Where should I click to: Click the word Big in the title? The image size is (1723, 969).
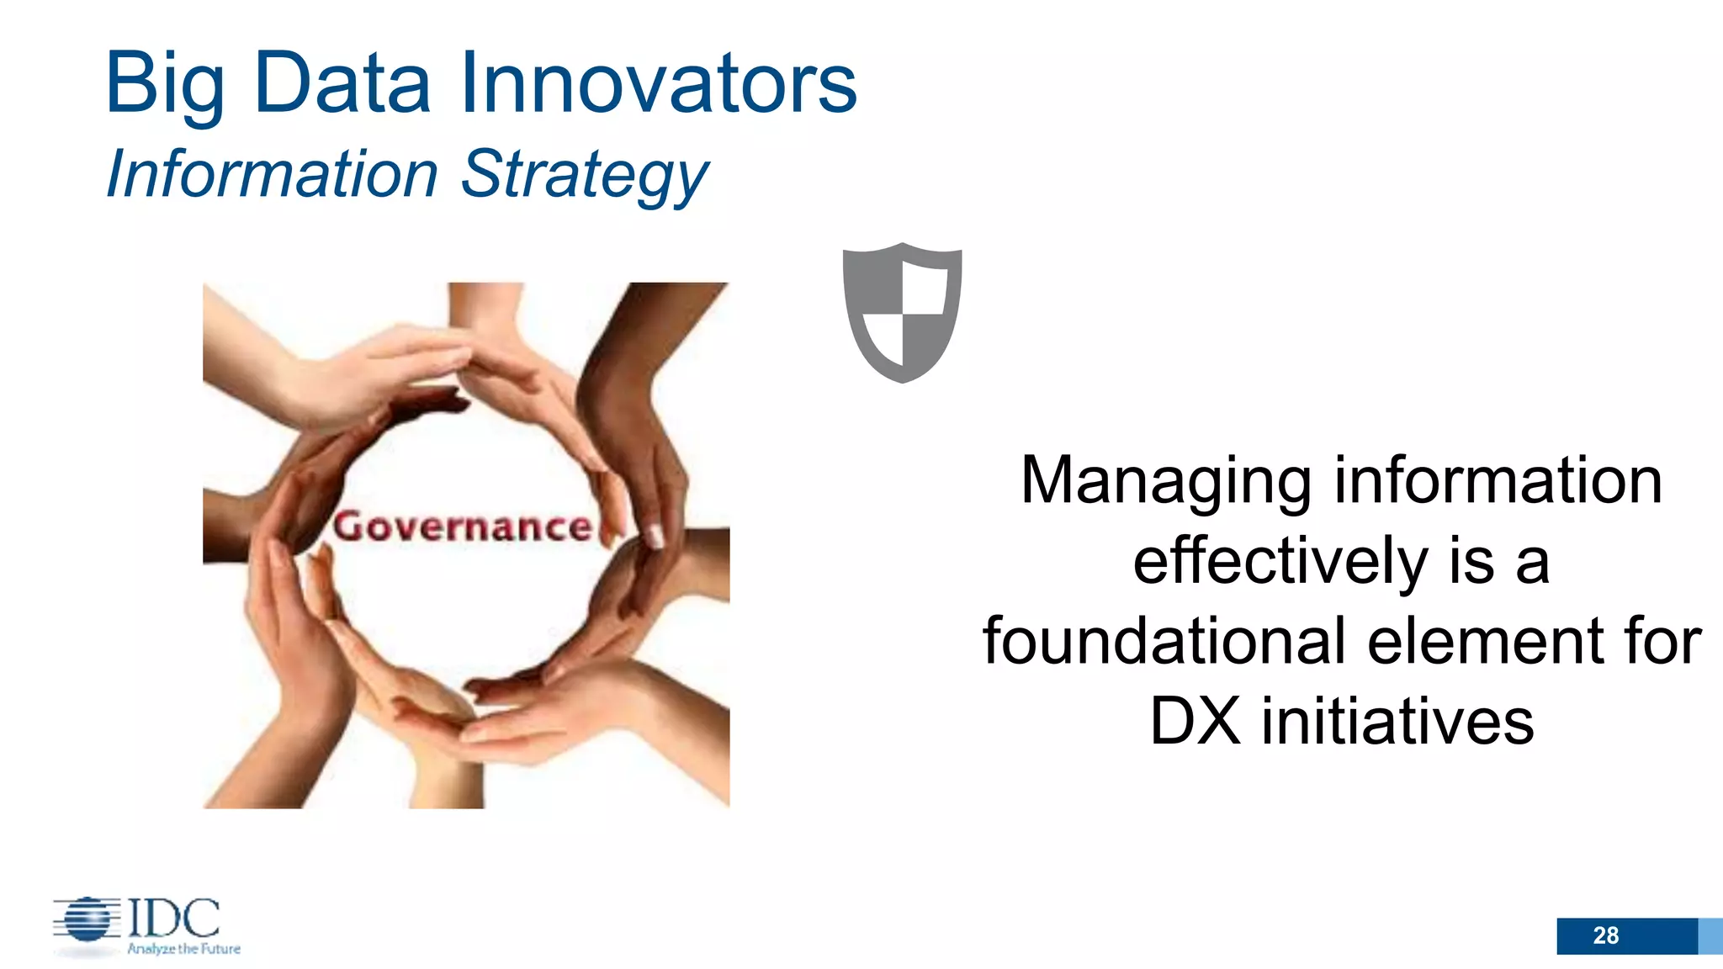(x=165, y=84)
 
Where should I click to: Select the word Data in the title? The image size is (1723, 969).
(x=342, y=82)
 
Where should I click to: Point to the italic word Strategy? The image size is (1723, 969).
(x=585, y=175)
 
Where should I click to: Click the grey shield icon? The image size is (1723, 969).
(x=902, y=312)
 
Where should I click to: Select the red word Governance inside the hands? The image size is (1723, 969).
(x=463, y=527)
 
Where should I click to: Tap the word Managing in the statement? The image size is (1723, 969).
(x=1165, y=481)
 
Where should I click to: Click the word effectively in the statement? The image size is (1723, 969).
(x=1280, y=561)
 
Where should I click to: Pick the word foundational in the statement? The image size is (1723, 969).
(x=1165, y=641)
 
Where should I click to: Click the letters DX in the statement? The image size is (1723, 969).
(x=1195, y=722)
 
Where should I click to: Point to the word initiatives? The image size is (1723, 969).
(x=1397, y=722)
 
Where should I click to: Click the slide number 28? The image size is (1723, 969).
(x=1605, y=935)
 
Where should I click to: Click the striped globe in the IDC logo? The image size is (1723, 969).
(x=87, y=919)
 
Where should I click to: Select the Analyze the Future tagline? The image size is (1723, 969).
(x=183, y=949)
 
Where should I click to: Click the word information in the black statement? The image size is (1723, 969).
(x=1498, y=481)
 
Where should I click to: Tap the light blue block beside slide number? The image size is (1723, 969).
(x=1710, y=936)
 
